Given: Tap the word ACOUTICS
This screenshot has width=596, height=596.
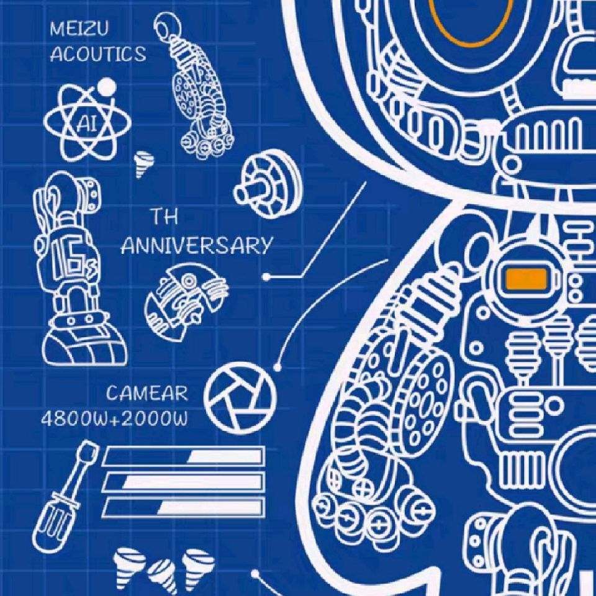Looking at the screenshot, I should (97, 54).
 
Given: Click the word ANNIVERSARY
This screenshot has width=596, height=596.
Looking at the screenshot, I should (197, 246).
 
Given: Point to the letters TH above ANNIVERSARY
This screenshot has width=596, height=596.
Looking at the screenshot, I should (165, 217).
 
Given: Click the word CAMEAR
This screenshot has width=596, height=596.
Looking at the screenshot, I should (147, 393).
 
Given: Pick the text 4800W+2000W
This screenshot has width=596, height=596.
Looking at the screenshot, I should (114, 418).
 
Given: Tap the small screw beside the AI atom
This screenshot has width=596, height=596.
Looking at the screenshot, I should (144, 164).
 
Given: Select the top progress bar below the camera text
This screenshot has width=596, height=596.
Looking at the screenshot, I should (183, 457).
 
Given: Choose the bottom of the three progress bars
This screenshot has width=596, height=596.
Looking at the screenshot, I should (183, 507).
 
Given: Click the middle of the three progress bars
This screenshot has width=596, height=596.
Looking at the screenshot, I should (183, 482).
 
